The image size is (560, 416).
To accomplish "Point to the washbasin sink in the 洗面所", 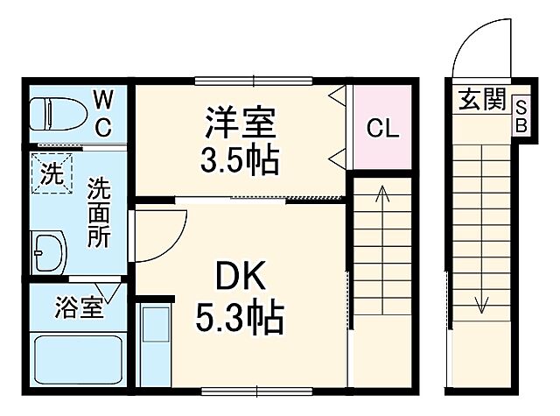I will (x=48, y=253).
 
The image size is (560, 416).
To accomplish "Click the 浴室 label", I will (x=80, y=307).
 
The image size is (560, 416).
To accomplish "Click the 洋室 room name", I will (x=241, y=123).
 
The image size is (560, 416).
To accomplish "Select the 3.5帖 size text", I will (x=241, y=160).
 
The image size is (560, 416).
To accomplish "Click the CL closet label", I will (x=382, y=130).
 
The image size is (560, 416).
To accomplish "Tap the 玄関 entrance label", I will (x=479, y=100).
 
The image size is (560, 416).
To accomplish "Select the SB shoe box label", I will (x=520, y=115).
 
